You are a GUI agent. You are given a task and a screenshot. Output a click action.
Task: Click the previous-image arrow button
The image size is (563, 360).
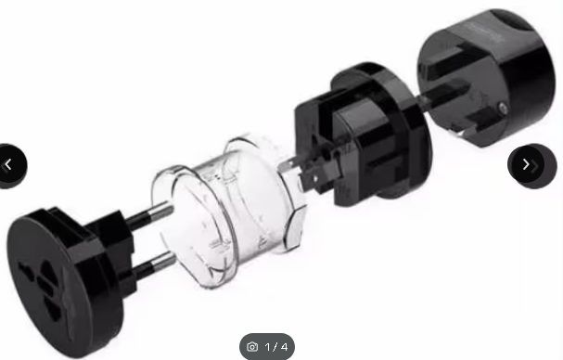point(11,166)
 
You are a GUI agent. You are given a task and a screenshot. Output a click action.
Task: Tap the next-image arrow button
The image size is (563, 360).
point(531,166)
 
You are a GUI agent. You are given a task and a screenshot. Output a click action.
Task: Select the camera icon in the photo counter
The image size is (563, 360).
point(252,347)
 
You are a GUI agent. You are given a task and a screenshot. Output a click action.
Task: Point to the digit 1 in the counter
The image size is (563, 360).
point(267,347)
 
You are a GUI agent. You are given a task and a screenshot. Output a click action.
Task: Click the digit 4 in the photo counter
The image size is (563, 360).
point(284,347)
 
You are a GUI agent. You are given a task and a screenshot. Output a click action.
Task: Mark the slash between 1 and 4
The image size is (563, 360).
point(275,347)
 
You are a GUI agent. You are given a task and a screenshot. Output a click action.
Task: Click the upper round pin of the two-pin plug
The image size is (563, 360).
point(150,215)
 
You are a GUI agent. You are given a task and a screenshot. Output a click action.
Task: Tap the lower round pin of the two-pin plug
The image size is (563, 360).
point(154,265)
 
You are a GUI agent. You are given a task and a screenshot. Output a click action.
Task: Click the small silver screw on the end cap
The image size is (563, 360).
point(503,107)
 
